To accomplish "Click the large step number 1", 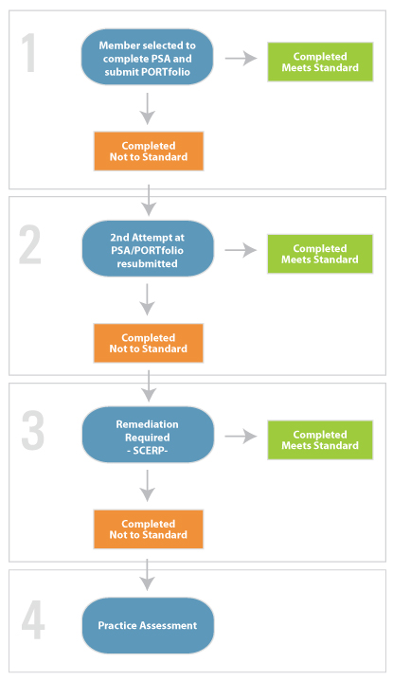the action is click(x=28, y=53).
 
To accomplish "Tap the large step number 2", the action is click(x=30, y=245).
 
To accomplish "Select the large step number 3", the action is click(x=32, y=430).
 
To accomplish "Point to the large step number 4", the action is click(x=33, y=620).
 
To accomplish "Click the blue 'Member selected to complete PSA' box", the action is click(x=147, y=57).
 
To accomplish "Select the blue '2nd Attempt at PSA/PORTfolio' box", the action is click(x=148, y=249).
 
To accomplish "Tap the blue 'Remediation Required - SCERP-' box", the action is click(x=148, y=435).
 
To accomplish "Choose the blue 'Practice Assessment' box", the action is click(x=148, y=625).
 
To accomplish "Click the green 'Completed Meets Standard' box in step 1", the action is click(x=320, y=62).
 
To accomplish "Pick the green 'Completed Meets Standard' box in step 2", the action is click(x=320, y=254).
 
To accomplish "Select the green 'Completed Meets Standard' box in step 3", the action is click(x=320, y=439).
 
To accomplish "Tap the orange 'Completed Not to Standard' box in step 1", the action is click(x=149, y=152).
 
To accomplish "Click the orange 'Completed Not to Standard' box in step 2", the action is click(x=149, y=343).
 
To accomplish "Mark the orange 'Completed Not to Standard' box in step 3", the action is click(x=149, y=529).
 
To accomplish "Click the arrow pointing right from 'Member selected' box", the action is click(x=241, y=58).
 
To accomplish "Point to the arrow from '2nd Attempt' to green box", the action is click(x=241, y=250).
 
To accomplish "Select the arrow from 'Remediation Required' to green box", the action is click(x=241, y=437).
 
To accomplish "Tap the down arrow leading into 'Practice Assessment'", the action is click(x=148, y=575).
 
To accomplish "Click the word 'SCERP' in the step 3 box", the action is click(x=148, y=450).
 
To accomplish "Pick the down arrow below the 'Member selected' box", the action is click(x=148, y=108).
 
